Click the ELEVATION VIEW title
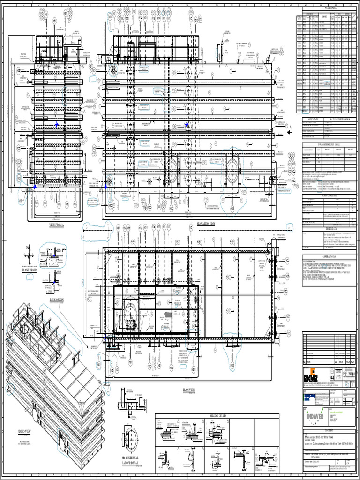(x=206, y=224)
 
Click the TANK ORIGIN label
(x=56, y=299)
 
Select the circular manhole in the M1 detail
(x=131, y=438)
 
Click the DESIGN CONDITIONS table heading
(x=330, y=197)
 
